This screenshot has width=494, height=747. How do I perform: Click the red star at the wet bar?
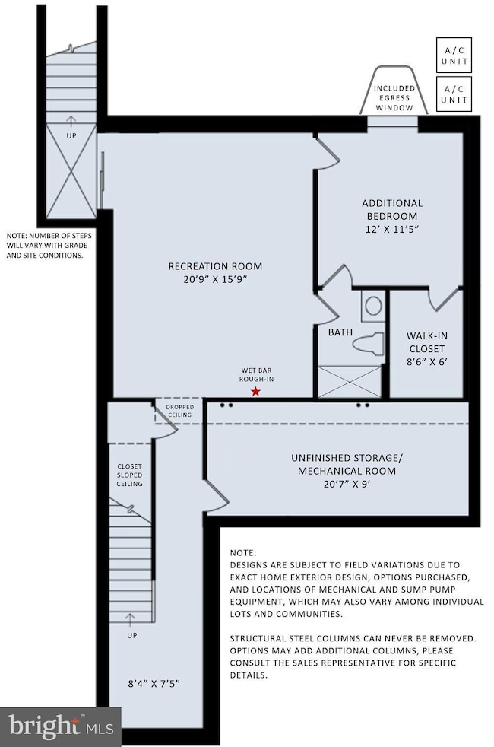(x=256, y=391)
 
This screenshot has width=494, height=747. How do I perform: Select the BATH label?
(x=339, y=332)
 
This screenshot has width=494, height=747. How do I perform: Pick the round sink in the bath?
(x=373, y=306)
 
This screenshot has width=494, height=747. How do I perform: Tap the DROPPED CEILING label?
(x=179, y=412)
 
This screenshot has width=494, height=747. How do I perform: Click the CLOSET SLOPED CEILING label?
(x=129, y=475)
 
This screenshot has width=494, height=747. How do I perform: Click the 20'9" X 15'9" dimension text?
(x=215, y=279)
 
